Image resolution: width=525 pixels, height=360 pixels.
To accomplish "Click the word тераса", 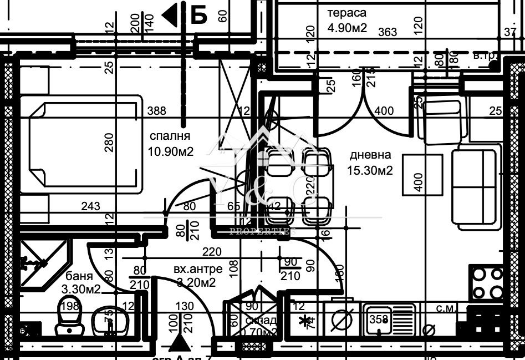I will point(346,13).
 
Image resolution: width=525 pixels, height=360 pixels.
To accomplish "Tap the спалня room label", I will point(170,136).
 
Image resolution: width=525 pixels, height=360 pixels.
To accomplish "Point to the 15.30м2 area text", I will point(371,171).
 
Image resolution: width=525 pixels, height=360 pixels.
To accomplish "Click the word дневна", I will point(370,155).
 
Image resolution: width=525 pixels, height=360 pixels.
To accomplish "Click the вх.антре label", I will point(198,269).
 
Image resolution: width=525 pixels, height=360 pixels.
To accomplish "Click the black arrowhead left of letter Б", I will point(170,15).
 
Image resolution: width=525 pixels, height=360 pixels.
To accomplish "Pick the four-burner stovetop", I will point(486,283).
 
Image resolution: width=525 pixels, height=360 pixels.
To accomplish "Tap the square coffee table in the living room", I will point(422,174).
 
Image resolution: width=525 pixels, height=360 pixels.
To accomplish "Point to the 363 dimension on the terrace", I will point(388,32).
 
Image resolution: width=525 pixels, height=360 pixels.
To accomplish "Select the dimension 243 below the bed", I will point(90,207).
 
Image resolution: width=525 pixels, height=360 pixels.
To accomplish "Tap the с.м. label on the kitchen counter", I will point(444,308).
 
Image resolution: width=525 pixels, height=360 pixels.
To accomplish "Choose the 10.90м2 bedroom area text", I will point(170,151).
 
